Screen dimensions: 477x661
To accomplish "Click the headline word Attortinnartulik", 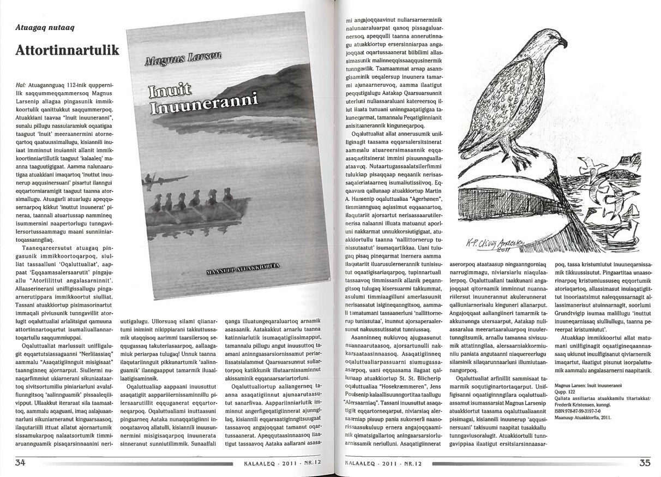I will click(67, 50).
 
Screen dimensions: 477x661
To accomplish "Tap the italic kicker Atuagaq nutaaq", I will click(49, 27).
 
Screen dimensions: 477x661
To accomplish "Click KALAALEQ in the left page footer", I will click(257, 466).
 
